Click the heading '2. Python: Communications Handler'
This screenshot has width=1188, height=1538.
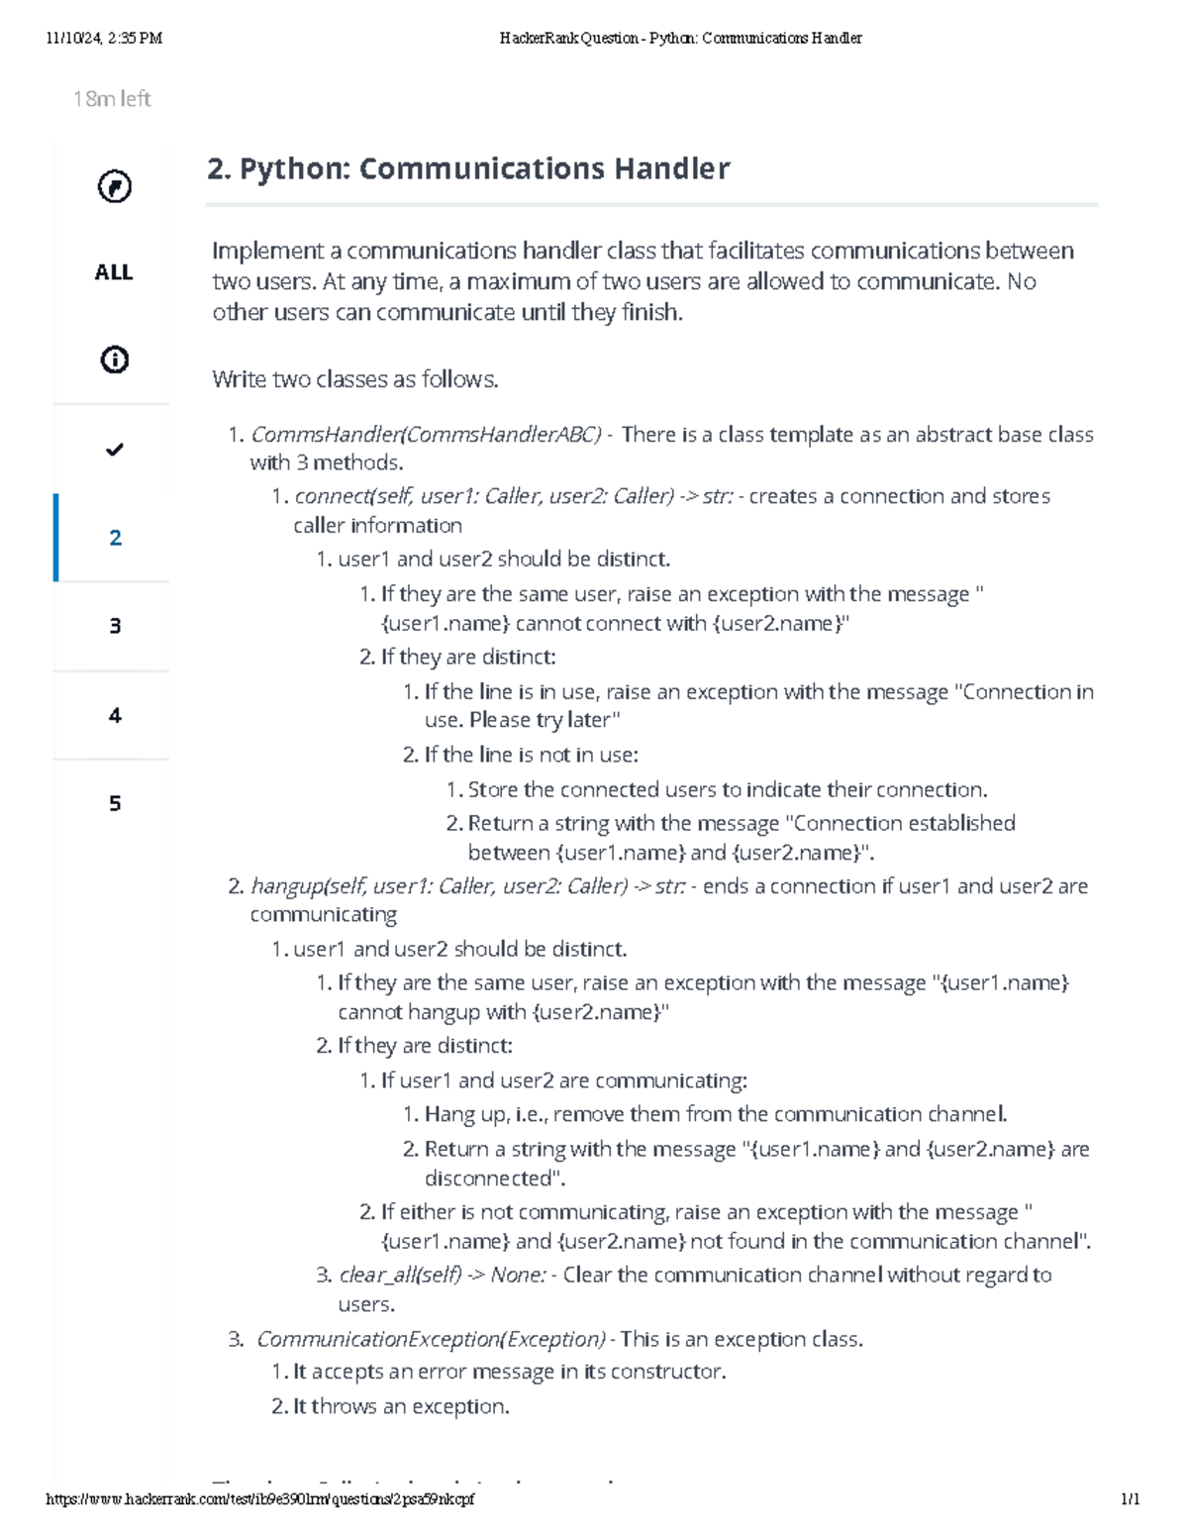(468, 169)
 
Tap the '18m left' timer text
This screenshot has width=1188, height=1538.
(112, 99)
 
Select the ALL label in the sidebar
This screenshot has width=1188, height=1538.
(114, 272)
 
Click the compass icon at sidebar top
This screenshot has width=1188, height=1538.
(115, 186)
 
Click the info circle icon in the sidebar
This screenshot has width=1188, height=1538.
(115, 359)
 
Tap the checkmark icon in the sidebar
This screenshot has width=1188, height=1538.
(115, 450)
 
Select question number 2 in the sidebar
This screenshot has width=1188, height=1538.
(115, 538)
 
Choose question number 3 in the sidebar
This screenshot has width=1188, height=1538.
(115, 626)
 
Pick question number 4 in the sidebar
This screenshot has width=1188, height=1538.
(115, 715)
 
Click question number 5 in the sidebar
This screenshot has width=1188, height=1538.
(115, 803)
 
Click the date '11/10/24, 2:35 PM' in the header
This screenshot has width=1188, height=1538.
(104, 39)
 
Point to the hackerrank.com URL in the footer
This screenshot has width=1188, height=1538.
(260, 1499)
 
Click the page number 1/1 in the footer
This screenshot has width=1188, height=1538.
(1130, 1499)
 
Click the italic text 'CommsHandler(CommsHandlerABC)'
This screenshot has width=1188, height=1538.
(426, 435)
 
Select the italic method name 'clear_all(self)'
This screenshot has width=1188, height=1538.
(400, 1276)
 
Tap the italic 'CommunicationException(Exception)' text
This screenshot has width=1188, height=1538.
(431, 1340)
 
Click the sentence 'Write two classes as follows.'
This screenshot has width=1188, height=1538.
(355, 379)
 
